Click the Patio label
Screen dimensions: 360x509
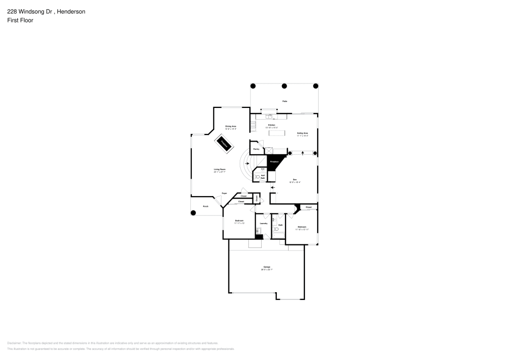click(285, 101)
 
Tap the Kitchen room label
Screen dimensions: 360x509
click(272, 126)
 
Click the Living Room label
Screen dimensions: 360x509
click(219, 170)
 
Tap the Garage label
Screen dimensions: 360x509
click(267, 268)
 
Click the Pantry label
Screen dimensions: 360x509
click(256, 149)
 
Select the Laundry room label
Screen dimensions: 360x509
click(264, 224)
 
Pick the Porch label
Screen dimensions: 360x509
click(206, 206)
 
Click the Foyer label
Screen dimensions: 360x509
click(224, 193)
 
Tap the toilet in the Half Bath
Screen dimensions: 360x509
click(257, 177)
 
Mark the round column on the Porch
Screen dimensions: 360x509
click(193, 213)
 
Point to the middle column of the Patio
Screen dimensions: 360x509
click(284, 86)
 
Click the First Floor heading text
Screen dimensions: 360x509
click(20, 20)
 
